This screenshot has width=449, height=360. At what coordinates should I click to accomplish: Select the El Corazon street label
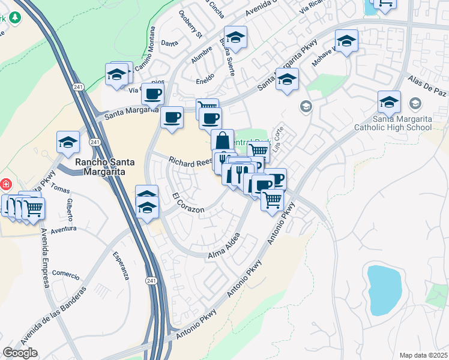(x=188, y=203)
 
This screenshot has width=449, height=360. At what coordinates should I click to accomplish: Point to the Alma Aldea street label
(x=224, y=247)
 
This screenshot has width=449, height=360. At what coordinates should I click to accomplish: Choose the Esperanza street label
(x=121, y=265)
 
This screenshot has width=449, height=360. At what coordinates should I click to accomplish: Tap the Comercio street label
(x=65, y=275)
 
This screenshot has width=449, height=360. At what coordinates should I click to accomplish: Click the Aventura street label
(x=64, y=229)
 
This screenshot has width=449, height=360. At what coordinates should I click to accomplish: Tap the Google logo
(x=20, y=353)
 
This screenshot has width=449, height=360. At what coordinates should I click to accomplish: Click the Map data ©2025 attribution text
(x=423, y=355)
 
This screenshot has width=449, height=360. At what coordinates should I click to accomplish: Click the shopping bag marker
(x=222, y=140)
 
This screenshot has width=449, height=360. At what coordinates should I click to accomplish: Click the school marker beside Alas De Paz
(x=389, y=101)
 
